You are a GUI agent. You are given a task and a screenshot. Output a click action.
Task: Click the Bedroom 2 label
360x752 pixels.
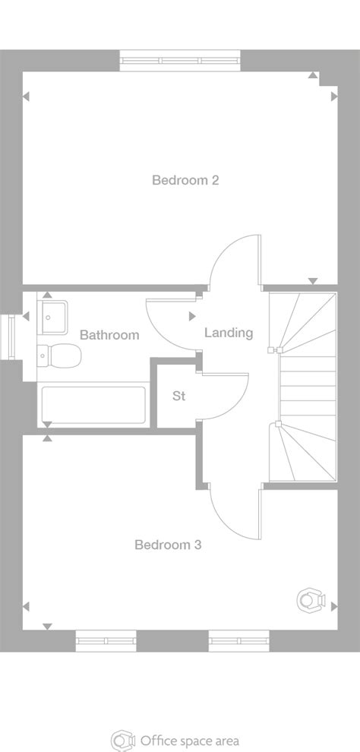pyautogui.click(x=185, y=181)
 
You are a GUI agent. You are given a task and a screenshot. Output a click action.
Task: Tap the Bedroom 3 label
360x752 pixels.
pyautogui.click(x=168, y=545)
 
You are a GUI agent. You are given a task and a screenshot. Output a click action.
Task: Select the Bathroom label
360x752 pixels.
pyautogui.click(x=109, y=335)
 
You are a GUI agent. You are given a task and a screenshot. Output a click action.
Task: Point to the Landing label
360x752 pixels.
pyautogui.click(x=229, y=333)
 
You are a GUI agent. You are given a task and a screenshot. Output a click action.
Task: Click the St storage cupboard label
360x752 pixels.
pyautogui.click(x=179, y=396)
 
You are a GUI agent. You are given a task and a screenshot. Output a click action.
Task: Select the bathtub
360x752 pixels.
pyautogui.click(x=92, y=406)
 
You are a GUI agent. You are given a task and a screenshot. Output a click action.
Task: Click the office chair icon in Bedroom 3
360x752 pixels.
pyautogui.click(x=311, y=601)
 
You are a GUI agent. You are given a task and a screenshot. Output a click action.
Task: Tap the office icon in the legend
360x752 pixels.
pyautogui.click(x=121, y=741)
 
